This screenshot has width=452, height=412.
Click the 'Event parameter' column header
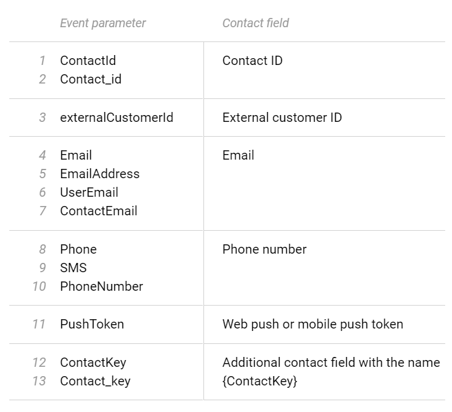pyautogui.click(x=103, y=23)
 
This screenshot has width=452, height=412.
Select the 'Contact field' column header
pyautogui.click(x=255, y=23)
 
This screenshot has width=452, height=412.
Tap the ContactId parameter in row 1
pyautogui.click(x=88, y=61)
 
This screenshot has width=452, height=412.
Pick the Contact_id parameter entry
pyautogui.click(x=91, y=79)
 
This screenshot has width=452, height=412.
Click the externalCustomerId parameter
pyautogui.click(x=116, y=118)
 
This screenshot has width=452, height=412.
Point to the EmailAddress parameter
pyautogui.click(x=100, y=174)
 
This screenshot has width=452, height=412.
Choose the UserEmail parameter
pyautogui.click(x=89, y=192)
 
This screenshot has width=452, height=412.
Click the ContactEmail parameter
pyautogui.click(x=98, y=211)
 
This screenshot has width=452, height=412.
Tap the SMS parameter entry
pyautogui.click(x=73, y=268)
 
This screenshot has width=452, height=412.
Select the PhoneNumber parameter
pyautogui.click(x=101, y=286)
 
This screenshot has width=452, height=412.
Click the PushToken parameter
pyautogui.click(x=92, y=324)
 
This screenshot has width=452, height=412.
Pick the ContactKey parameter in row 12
pyautogui.click(x=93, y=363)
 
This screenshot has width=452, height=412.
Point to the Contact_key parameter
pyautogui.click(x=95, y=381)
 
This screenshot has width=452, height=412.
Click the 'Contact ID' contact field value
pyautogui.click(x=252, y=61)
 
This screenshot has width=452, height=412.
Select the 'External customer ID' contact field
pyautogui.click(x=282, y=118)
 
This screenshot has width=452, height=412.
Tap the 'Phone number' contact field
pyautogui.click(x=265, y=249)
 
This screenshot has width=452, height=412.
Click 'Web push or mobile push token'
pyautogui.click(x=313, y=324)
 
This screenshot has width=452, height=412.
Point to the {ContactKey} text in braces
pyautogui.click(x=260, y=381)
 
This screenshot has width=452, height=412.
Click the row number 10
pyautogui.click(x=39, y=286)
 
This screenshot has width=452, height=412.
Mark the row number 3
pyautogui.click(x=43, y=118)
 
